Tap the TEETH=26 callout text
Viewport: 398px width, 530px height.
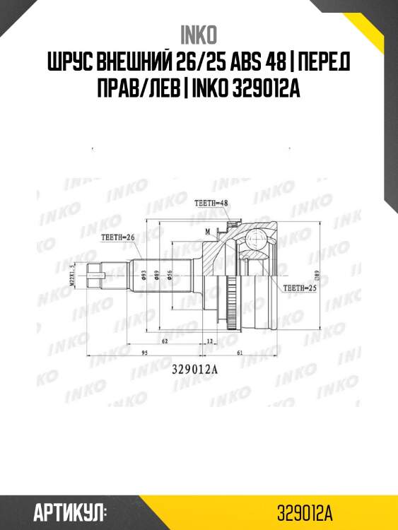(x=118, y=237)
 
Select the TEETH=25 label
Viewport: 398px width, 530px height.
(x=298, y=288)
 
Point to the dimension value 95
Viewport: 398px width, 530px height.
(x=144, y=351)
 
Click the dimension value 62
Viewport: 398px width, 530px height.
(x=164, y=341)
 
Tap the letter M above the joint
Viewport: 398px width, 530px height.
(x=207, y=231)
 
